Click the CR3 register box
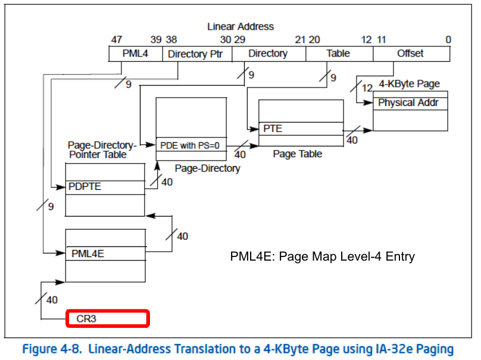pos(107,319)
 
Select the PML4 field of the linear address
pos(135,54)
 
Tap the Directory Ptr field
pos(196,54)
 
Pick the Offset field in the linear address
pos(411,54)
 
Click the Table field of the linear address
pos(338,54)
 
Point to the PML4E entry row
pos(105,253)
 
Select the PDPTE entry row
pos(105,187)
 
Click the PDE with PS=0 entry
pos(190,145)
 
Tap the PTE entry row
pos(301,129)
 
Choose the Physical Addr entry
pos(410,103)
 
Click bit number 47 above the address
pos(116,39)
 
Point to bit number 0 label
pos(448,39)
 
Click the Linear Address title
pos(240,27)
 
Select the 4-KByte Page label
pos(409,84)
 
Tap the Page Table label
pos(298,154)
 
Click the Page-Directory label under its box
pos(207,168)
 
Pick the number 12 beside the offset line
pos(367,88)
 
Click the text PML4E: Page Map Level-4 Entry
pos(321,257)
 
